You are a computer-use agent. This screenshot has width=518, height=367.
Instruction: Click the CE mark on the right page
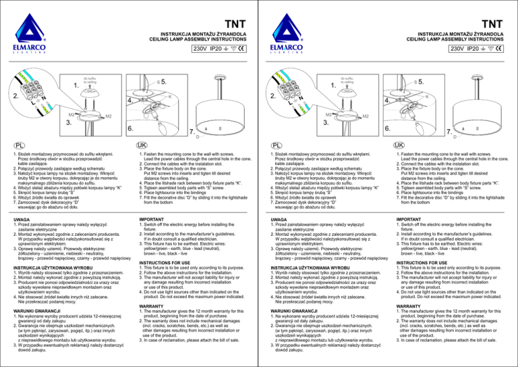500,49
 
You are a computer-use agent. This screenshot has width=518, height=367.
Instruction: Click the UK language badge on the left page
140,145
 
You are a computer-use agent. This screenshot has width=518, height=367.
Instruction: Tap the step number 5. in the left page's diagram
162,81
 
